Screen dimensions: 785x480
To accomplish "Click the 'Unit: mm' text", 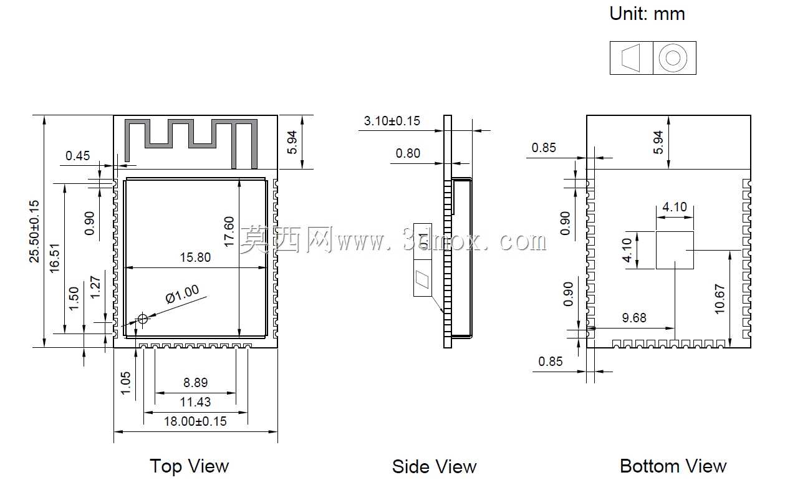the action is (x=647, y=14).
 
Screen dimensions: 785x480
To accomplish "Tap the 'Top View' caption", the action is (x=190, y=466).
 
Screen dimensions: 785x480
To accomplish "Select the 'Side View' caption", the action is (x=434, y=467).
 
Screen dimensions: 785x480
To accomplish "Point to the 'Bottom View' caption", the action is (x=673, y=466).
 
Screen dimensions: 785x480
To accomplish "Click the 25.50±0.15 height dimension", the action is (x=34, y=231).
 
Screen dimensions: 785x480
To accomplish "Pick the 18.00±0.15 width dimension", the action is (x=195, y=421).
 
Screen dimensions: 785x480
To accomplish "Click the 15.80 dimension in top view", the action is (x=195, y=257).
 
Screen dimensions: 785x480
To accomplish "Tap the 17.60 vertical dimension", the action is (x=228, y=232).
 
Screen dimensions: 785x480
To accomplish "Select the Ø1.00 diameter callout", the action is (x=182, y=294).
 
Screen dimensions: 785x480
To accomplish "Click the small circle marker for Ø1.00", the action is (x=143, y=319).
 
